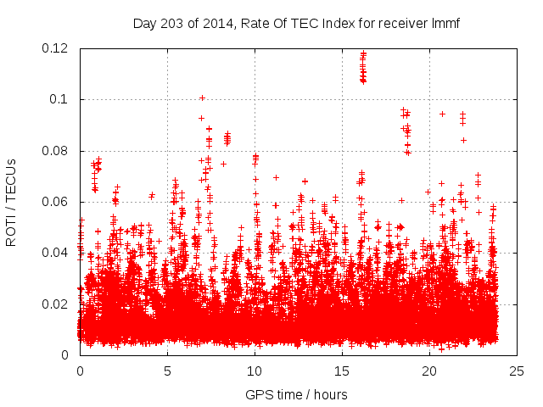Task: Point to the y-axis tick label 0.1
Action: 62,99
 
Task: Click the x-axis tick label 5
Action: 167,371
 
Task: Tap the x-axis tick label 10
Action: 255,371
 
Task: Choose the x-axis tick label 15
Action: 342,371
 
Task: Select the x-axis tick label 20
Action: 429,371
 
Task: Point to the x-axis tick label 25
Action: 517,371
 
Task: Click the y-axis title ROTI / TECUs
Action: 12,202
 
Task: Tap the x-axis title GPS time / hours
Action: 296,394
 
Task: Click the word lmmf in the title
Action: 443,23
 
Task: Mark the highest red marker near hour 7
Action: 202,98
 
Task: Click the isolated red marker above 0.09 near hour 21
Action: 442,114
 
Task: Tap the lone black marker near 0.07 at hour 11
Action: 276,177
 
